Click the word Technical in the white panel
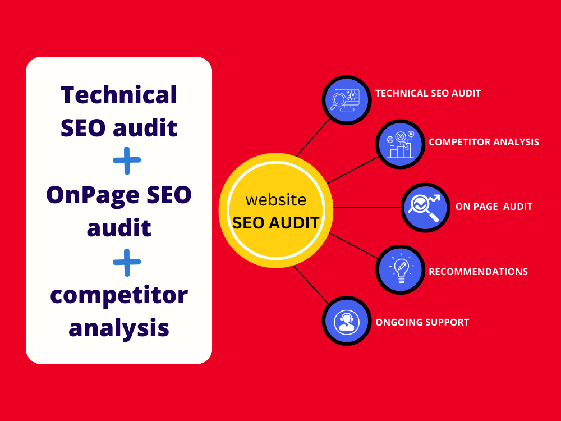point(119,95)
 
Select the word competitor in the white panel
point(119,296)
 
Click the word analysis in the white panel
point(119,328)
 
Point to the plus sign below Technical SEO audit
point(127,161)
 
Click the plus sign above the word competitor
point(127,262)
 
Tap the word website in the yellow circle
point(276,200)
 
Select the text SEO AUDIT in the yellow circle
point(275,223)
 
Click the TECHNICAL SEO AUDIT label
point(428,93)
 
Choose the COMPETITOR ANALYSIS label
point(484,142)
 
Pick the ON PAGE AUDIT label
point(494,207)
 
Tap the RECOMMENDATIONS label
point(479,272)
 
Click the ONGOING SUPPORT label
point(422,322)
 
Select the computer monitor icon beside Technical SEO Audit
point(346,100)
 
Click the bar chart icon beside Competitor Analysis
point(401,144)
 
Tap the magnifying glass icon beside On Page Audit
point(425,208)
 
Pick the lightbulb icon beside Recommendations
point(401,269)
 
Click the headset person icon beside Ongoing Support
point(346,321)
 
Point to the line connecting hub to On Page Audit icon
point(367,208)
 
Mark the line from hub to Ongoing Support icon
point(310,285)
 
